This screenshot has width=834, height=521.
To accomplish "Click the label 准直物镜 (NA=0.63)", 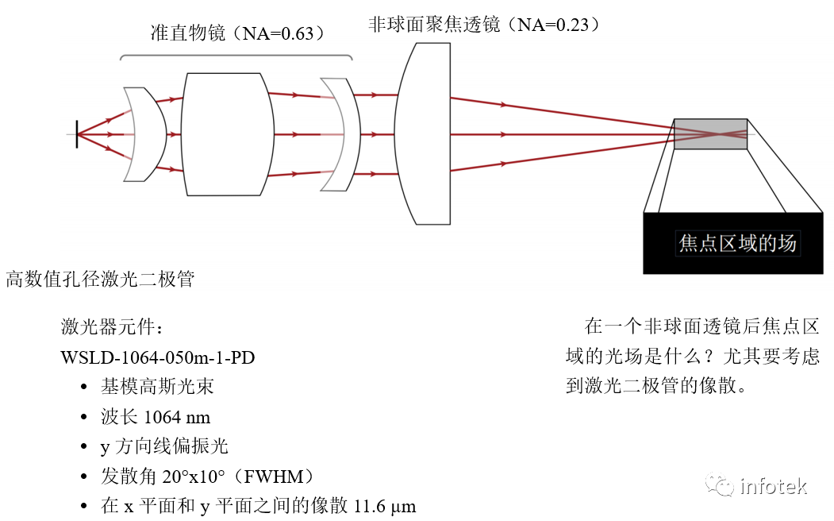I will [x=238, y=33].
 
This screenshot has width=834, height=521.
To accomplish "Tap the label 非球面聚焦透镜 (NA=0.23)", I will [x=483, y=24].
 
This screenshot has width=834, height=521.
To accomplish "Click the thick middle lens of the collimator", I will [x=224, y=133].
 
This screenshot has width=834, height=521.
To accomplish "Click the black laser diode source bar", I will [x=77, y=134].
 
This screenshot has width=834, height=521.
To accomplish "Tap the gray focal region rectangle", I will [x=710, y=133].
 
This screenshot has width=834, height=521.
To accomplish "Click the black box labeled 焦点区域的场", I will [x=733, y=243].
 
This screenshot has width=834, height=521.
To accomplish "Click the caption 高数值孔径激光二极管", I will [x=100, y=280].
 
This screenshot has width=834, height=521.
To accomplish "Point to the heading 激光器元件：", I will [x=112, y=327].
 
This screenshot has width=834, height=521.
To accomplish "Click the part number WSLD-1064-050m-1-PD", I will [x=158, y=357].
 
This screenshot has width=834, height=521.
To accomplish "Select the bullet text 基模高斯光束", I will [x=157, y=387].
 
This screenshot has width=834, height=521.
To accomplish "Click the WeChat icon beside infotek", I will [x=720, y=485].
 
